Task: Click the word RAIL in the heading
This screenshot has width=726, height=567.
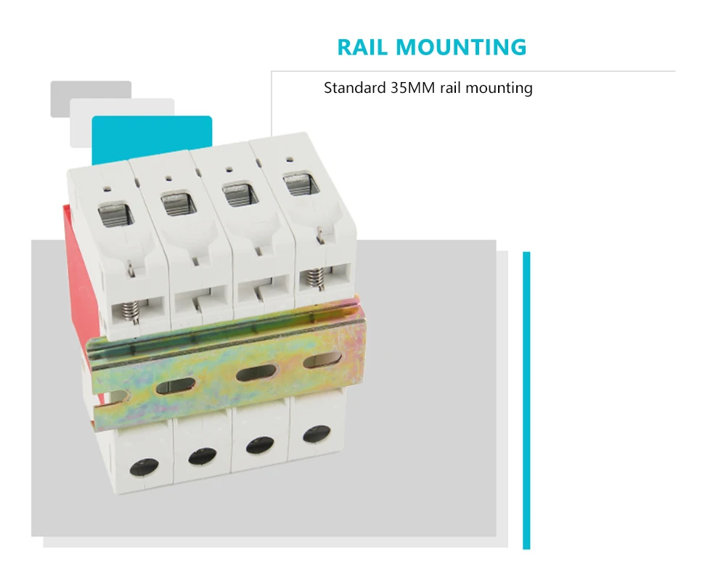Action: (364, 47)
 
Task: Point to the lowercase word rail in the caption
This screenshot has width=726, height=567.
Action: (450, 89)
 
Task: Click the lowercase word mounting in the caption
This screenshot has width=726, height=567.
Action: (499, 89)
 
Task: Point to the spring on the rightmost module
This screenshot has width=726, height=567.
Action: (315, 277)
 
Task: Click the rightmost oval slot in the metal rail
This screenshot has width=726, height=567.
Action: (322, 361)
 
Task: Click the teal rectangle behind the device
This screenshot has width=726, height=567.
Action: (152, 138)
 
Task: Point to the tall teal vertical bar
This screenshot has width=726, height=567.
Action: (526, 399)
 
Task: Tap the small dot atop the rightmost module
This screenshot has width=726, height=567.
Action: (289, 157)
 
